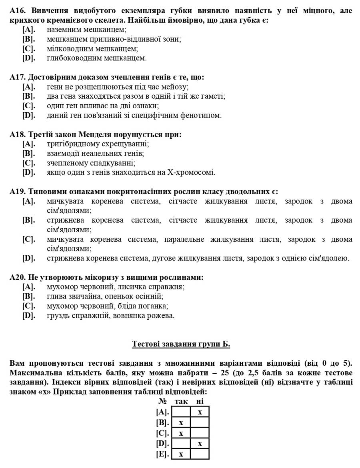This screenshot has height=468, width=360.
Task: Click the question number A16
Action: pos(18,11)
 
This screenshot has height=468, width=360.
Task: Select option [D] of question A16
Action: pos(28,58)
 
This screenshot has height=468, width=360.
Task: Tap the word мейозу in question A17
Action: pos(175,87)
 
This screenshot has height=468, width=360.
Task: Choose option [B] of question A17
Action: pos(28,96)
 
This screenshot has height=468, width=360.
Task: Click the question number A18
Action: pos(18,135)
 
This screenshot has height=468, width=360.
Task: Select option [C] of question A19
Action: pos(28,239)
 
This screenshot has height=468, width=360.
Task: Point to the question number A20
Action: pos(18,277)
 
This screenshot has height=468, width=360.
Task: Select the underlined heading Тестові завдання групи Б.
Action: pos(181,344)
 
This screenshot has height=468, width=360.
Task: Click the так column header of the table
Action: pos(181,401)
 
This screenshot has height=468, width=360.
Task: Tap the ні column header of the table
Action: pos(200,401)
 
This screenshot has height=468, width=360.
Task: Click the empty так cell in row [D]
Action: pos(181,443)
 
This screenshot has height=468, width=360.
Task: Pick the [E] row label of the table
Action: pos(163,454)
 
